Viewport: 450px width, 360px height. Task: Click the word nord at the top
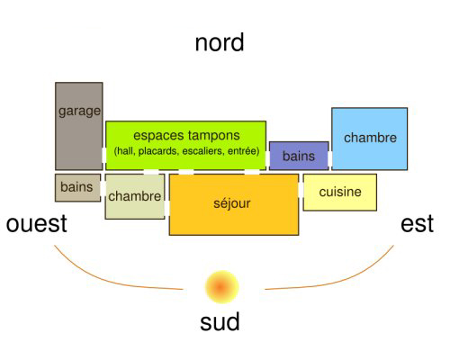220,43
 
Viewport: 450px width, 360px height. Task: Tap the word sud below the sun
220,321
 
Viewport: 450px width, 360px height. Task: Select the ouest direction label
37,224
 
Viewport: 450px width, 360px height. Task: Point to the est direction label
417,224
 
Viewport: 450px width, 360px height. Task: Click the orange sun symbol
221,287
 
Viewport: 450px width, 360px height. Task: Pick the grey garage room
79,126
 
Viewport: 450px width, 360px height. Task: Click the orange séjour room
234,204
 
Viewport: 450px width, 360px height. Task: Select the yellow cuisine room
340,193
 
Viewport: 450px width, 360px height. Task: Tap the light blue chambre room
369,139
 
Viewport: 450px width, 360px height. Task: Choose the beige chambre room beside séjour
135,196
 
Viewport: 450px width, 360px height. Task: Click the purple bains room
299,156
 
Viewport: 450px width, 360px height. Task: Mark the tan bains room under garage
77,187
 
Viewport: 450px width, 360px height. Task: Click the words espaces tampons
186,135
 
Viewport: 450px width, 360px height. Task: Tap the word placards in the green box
158,150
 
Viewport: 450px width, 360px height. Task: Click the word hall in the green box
124,150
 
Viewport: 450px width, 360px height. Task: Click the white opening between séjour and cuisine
301,190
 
